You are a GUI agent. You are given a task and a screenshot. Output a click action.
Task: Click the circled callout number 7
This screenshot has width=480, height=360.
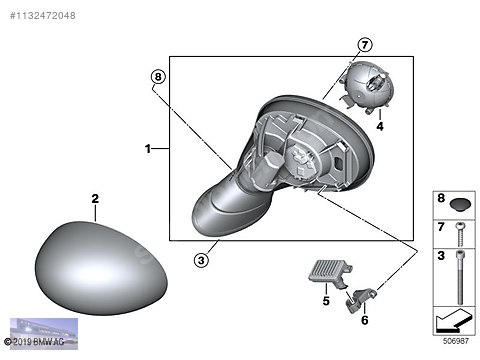point(364,45)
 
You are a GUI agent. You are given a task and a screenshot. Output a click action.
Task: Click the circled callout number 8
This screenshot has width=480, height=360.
point(157,76)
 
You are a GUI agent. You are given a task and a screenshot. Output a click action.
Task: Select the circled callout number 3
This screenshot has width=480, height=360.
point(201,260)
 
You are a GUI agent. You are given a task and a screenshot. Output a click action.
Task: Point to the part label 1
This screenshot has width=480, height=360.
point(147,149)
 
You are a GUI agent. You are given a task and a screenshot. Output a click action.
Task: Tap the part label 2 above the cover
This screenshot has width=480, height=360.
point(95,200)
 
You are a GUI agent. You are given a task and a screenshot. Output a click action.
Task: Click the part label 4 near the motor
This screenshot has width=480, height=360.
point(380,127)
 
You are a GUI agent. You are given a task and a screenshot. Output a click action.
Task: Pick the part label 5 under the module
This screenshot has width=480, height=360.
point(325,299)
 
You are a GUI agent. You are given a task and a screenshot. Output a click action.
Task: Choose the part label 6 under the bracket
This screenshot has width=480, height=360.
point(364,319)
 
